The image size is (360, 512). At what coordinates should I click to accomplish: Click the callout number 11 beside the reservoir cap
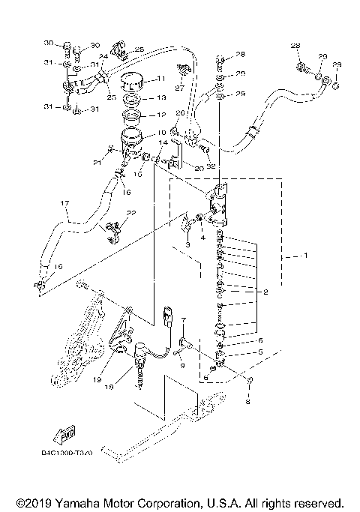[160, 79]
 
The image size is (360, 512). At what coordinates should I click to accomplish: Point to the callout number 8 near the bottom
[250, 402]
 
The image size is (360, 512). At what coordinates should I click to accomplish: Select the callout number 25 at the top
[139, 49]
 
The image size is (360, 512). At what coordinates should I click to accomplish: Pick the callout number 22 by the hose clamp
[131, 214]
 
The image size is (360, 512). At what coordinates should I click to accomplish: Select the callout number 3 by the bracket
[188, 245]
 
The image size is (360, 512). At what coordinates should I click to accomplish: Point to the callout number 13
[160, 98]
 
